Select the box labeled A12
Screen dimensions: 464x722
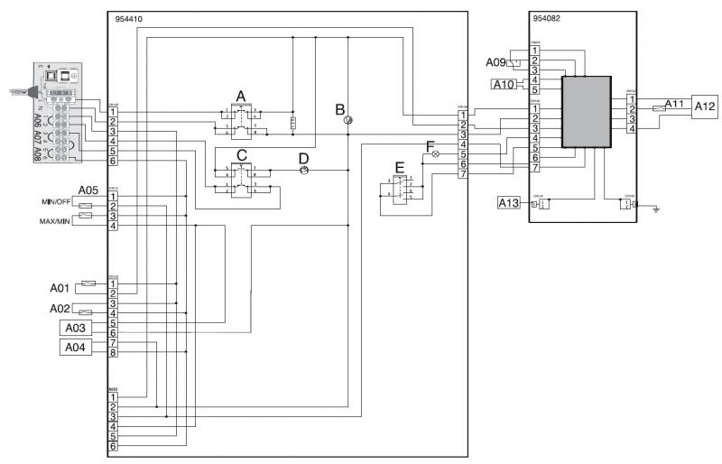pos(705,107)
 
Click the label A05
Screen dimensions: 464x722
pos(88,190)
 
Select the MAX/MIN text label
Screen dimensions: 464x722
pos(54,221)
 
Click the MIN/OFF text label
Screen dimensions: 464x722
pos(56,201)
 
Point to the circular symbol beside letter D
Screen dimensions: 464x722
pos(304,170)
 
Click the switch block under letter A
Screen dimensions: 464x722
pos(241,120)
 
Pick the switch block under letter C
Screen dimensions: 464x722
pos(241,178)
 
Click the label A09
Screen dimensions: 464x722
pos(495,62)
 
